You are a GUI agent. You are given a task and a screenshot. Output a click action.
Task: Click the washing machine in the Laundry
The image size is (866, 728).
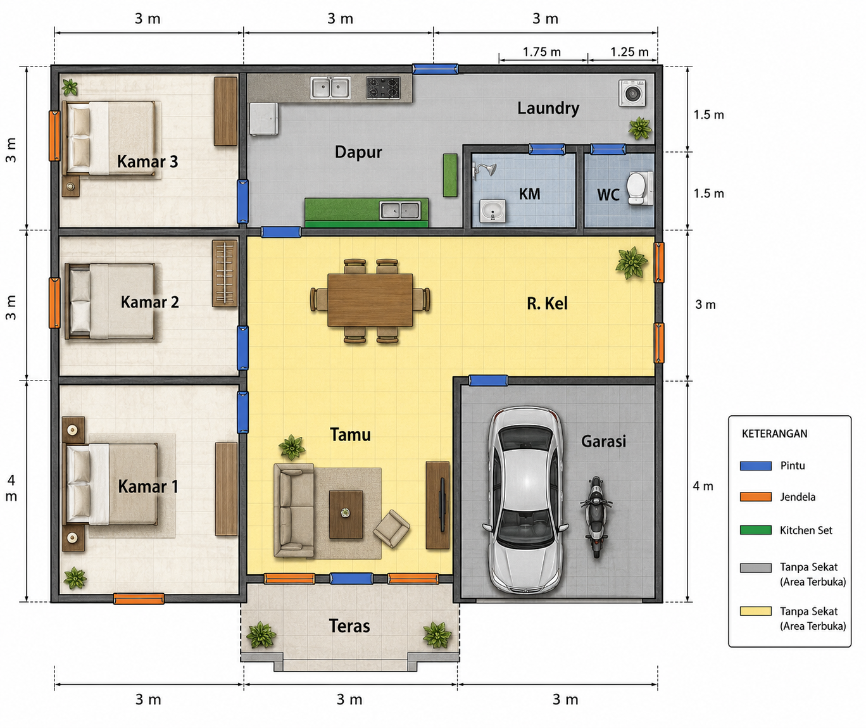(x=632, y=93)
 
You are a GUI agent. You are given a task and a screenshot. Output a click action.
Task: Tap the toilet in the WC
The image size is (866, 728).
(x=639, y=189)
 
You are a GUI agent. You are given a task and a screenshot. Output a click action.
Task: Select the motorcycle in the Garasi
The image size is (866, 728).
(x=596, y=517)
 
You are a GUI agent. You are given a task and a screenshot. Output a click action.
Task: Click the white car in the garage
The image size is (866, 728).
(x=525, y=500)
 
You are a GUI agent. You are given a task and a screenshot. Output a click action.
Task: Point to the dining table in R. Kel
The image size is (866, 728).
(x=370, y=300)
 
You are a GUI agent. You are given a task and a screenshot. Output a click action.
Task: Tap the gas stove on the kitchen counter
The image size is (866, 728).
(x=383, y=88)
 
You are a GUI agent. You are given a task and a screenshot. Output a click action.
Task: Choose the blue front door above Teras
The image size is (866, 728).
(x=351, y=578)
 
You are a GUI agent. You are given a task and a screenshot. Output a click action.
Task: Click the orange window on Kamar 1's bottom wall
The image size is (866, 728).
(x=139, y=599)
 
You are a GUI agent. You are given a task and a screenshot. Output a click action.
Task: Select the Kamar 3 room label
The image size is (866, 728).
(x=147, y=161)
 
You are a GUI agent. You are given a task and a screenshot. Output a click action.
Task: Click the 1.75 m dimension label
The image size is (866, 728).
(x=542, y=52)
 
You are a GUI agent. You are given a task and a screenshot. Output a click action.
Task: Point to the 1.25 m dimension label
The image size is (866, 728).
(x=629, y=52)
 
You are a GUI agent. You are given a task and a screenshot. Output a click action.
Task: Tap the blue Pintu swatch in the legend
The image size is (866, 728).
(x=756, y=466)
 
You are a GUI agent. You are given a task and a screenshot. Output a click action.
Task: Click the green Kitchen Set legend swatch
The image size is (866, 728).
(x=756, y=530)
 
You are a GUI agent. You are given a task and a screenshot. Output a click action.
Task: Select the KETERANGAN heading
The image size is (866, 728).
(x=774, y=434)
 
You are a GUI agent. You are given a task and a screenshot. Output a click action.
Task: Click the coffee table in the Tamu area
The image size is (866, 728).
(x=346, y=515)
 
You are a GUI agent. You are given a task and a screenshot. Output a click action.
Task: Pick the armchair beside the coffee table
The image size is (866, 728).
(x=391, y=529)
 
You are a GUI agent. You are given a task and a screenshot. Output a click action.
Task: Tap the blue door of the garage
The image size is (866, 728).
(x=488, y=380)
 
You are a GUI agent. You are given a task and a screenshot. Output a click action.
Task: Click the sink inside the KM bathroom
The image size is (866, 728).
(x=493, y=211)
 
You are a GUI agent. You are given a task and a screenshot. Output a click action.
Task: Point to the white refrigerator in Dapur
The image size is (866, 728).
(x=264, y=119)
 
